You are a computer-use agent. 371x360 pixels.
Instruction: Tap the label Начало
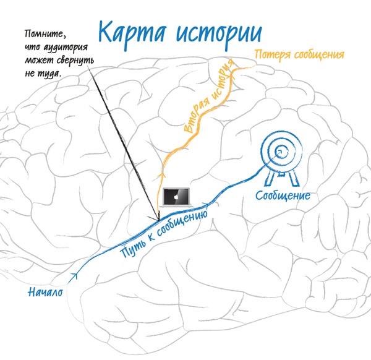coord(46,291)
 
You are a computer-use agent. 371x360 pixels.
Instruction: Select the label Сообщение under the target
coord(283,195)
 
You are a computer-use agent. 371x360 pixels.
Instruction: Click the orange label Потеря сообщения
coord(299,54)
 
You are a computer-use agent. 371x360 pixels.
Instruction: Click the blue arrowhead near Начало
coord(75,276)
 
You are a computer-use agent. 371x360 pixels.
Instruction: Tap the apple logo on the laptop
coord(176,195)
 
